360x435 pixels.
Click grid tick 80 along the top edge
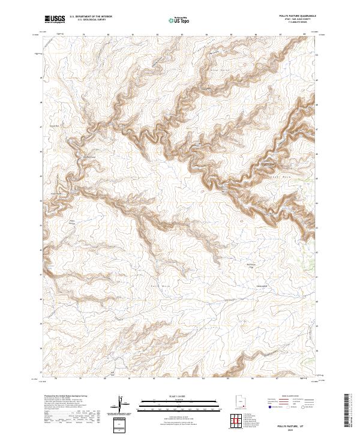coord(108,34)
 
